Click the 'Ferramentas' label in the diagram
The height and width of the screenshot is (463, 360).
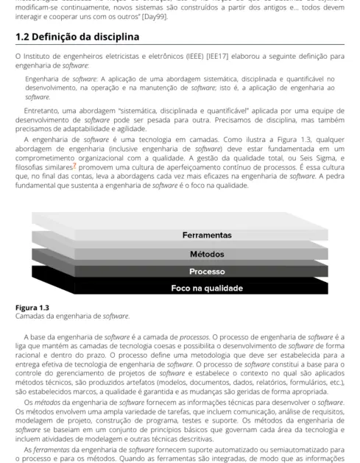207,236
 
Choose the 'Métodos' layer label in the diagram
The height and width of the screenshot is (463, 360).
207,254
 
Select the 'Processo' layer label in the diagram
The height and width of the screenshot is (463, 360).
207,271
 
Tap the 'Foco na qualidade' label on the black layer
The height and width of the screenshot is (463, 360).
207,288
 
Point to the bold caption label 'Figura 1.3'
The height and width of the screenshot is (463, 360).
32,308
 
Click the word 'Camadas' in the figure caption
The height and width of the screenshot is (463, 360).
30,317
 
